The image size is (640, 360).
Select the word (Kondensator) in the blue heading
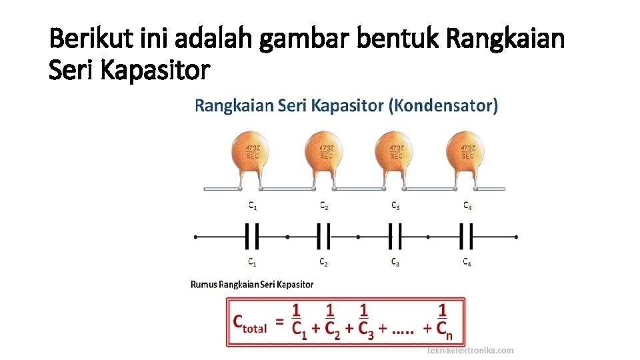(x=443, y=105)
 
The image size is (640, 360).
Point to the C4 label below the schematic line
(x=468, y=263)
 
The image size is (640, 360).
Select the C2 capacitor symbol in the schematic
(x=323, y=236)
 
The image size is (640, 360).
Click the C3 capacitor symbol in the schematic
(x=395, y=236)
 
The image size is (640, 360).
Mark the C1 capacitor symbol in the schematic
(x=252, y=236)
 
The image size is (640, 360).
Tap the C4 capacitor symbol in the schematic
(x=467, y=236)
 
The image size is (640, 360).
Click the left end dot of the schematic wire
(x=195, y=237)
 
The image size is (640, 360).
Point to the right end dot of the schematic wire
(x=517, y=237)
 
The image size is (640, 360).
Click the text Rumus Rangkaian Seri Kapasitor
(x=252, y=284)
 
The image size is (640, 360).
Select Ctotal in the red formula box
(x=250, y=323)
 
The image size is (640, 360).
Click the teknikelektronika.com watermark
(x=470, y=350)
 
